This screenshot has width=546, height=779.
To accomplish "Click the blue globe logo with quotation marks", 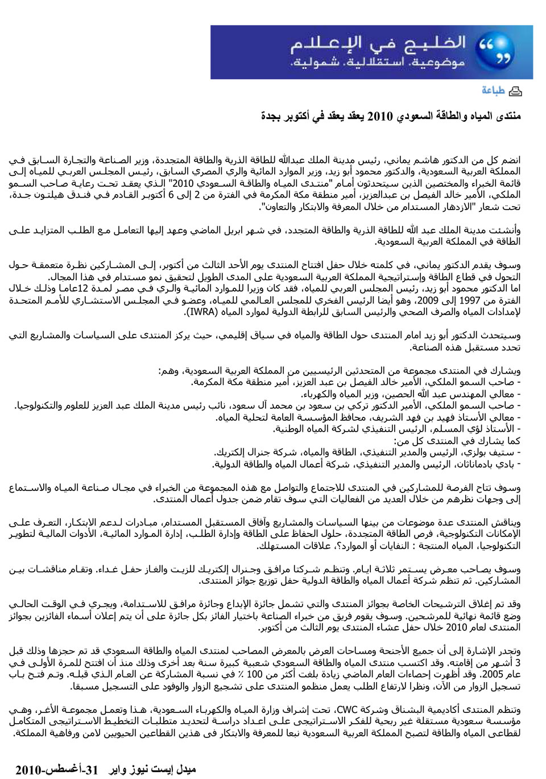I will click(x=496, y=52).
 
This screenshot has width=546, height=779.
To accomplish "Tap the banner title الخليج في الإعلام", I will click(x=378, y=44).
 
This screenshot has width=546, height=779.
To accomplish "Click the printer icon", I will click(x=515, y=91).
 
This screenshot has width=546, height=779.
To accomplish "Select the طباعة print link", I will click(x=493, y=91).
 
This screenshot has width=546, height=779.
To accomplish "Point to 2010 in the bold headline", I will click(x=380, y=116).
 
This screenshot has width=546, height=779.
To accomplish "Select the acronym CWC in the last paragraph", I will click(x=347, y=710).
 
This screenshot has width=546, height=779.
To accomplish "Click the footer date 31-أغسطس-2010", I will click(x=57, y=770).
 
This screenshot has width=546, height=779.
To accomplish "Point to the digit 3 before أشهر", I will click(x=518, y=662).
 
